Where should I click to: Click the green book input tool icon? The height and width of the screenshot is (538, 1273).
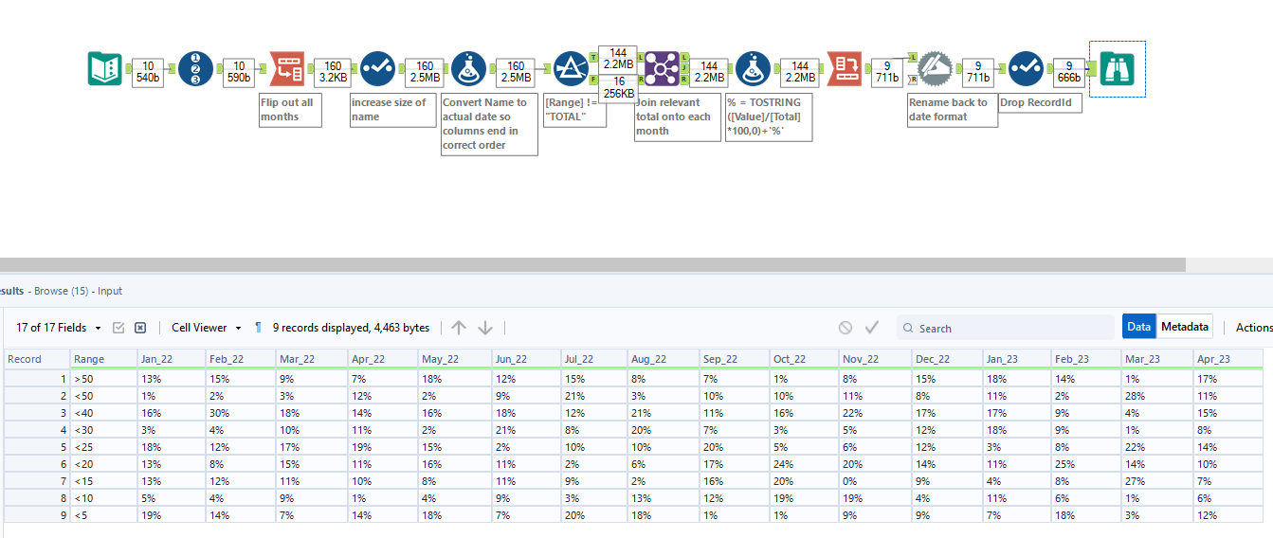104,68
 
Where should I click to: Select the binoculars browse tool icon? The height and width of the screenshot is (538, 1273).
1117,68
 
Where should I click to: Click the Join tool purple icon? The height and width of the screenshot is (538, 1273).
662,68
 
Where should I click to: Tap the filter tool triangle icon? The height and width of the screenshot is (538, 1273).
571,68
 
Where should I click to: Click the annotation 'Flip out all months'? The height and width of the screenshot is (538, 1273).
290,110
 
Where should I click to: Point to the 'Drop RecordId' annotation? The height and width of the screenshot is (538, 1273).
1040,102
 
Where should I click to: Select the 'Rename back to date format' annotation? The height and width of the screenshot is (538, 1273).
952,110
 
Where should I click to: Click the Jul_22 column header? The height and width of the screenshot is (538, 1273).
578,359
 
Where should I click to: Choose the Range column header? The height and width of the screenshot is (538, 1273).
89,359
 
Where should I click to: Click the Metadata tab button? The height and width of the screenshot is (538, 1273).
1185,327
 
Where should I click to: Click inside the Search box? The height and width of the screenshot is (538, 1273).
1009,328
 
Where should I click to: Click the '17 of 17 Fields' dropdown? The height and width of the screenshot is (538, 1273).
58,328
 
